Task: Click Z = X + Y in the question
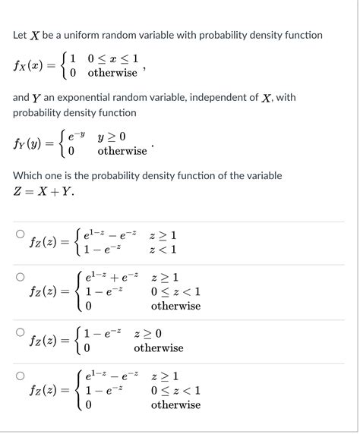click(x=43, y=192)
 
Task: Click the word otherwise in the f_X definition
click(x=112, y=73)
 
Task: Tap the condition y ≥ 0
click(x=112, y=137)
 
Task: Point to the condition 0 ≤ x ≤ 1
click(x=112, y=57)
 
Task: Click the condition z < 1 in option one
click(x=164, y=250)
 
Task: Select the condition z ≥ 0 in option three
click(x=147, y=333)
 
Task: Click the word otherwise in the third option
click(x=158, y=348)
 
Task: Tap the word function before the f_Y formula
click(x=116, y=113)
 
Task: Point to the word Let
click(x=21, y=36)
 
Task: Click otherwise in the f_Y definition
click(x=122, y=151)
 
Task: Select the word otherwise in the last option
click(x=175, y=405)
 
